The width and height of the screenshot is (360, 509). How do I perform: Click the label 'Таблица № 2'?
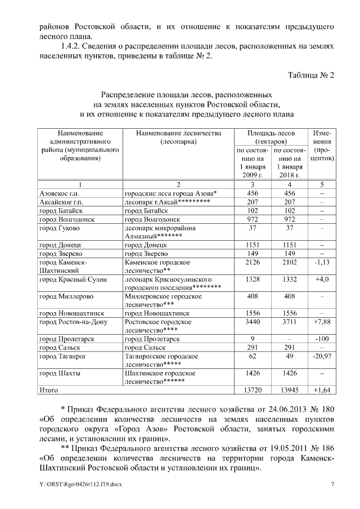(x=311, y=75)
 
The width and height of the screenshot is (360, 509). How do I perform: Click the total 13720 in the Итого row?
(x=253, y=390)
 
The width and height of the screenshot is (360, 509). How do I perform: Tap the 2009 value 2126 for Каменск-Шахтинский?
(x=253, y=262)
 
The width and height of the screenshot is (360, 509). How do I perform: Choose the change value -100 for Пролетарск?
(x=322, y=339)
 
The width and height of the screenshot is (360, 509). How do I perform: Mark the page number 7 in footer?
(x=332, y=484)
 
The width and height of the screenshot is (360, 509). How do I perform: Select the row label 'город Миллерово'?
(x=62, y=296)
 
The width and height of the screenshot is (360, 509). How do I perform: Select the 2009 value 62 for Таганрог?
(x=253, y=357)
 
